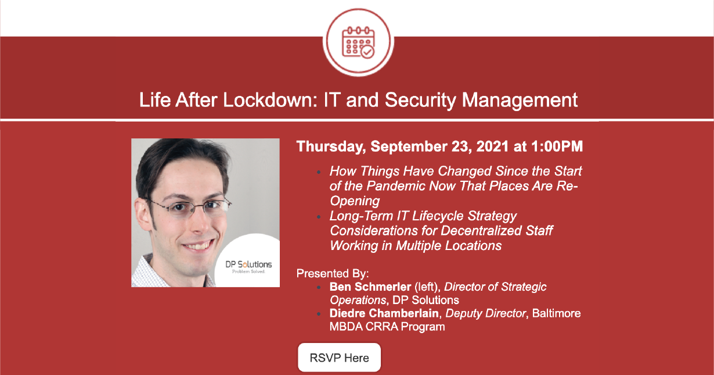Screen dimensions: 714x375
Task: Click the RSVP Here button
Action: click(x=339, y=358)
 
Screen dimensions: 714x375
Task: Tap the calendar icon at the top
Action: click(x=358, y=43)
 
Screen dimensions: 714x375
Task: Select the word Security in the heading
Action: click(x=420, y=101)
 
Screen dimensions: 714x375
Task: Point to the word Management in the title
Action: click(x=520, y=101)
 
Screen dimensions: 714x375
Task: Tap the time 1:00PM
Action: click(x=557, y=146)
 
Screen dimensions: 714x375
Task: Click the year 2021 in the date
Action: click(x=492, y=146)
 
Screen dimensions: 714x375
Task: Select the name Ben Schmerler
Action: click(x=370, y=287)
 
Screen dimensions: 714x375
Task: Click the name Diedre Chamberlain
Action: click(x=384, y=313)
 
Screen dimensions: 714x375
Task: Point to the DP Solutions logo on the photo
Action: click(x=248, y=267)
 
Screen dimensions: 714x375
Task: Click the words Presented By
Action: click(x=333, y=273)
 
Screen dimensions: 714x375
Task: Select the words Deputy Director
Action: click(x=485, y=314)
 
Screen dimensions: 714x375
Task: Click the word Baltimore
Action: click(x=556, y=313)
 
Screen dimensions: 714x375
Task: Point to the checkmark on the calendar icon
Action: click(x=367, y=52)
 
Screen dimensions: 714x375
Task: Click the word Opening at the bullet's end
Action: click(x=355, y=201)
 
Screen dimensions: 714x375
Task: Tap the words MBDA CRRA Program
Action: click(x=387, y=327)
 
